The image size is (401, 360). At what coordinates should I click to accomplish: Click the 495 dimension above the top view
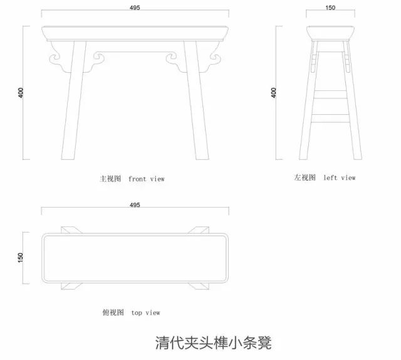[135, 205]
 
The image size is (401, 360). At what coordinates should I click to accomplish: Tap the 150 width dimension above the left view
[330, 8]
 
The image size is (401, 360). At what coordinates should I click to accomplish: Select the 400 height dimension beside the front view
[21, 93]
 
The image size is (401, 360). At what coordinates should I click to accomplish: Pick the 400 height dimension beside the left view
[273, 93]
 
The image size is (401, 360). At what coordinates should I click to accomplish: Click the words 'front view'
[146, 179]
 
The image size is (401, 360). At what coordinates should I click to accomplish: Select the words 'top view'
[145, 312]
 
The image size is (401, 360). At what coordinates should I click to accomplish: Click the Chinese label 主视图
[110, 179]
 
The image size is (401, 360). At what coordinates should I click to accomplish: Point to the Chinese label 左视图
[304, 177]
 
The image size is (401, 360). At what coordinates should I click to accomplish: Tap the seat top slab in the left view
[330, 33]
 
